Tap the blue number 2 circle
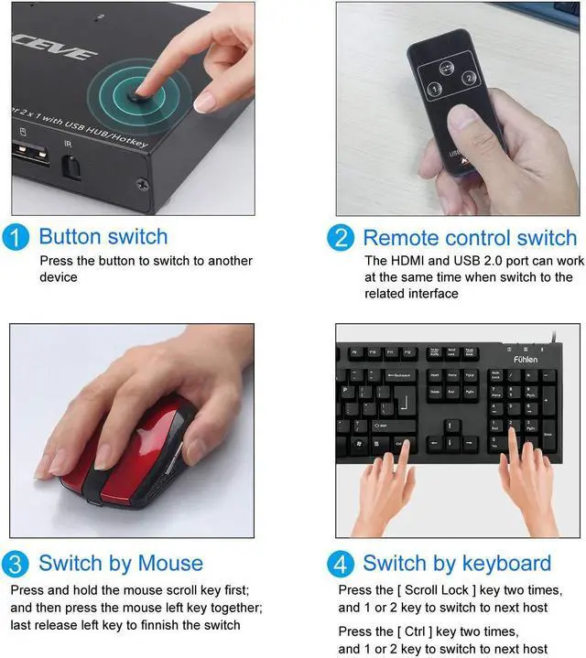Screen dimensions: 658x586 341,238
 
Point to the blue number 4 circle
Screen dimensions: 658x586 342,563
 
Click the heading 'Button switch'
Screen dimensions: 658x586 103,237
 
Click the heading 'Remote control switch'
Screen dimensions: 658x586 470,238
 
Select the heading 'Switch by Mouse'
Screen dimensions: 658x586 121,563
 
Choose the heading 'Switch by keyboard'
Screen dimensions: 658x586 457,563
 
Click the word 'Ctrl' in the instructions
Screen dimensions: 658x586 418,631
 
